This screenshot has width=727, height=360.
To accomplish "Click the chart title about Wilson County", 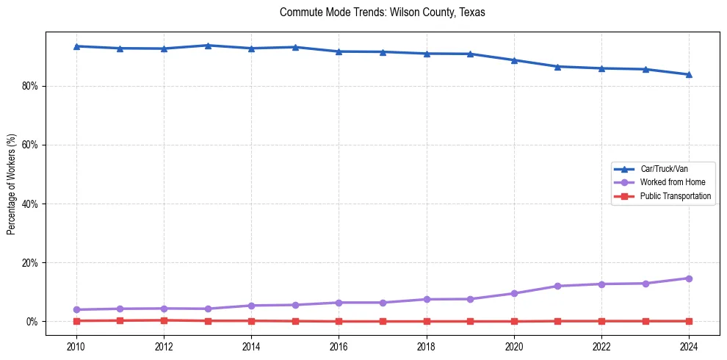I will [x=382, y=12].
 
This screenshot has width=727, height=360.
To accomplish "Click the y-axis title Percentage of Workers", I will [x=12, y=184].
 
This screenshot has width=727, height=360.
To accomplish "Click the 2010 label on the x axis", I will [x=76, y=345].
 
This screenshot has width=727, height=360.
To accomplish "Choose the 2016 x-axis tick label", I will [x=339, y=345].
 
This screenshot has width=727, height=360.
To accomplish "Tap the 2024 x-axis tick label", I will [x=689, y=345].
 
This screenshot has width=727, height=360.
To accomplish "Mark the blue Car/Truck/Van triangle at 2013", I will [x=208, y=46].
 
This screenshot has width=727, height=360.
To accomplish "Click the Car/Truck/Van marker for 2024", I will [x=689, y=74].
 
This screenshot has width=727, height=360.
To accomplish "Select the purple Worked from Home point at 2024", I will [x=689, y=278].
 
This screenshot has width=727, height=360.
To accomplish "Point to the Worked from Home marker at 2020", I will [x=514, y=293].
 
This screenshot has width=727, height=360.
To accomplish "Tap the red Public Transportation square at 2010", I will [x=76, y=320].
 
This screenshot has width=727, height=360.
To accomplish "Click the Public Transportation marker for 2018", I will [x=426, y=321].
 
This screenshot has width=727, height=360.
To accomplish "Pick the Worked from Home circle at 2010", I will [x=76, y=309].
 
